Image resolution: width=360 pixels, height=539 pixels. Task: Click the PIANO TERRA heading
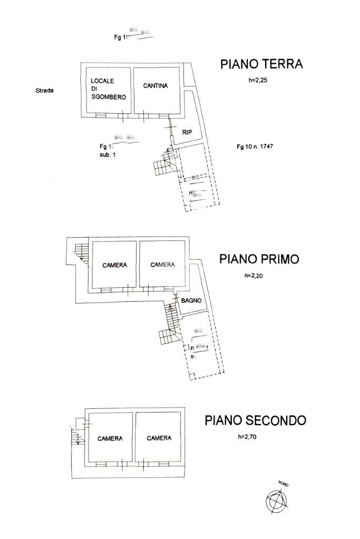pyautogui.click(x=261, y=64)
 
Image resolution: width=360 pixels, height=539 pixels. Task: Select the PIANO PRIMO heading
pyautogui.click(x=259, y=259)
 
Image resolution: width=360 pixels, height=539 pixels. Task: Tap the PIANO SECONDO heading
pyautogui.click(x=255, y=420)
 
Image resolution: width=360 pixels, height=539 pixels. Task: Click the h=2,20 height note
pyautogui.click(x=256, y=276)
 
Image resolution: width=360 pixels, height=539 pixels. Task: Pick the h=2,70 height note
pyautogui.click(x=249, y=436)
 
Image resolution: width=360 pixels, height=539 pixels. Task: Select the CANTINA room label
pyautogui.click(x=155, y=86)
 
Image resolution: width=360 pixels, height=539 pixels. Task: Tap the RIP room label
pyautogui.click(x=187, y=132)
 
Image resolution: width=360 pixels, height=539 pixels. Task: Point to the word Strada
pyautogui.click(x=44, y=90)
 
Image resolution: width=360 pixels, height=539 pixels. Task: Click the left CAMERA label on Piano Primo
pyautogui.click(x=114, y=265)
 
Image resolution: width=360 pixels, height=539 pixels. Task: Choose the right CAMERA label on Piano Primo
pyautogui.click(x=162, y=264)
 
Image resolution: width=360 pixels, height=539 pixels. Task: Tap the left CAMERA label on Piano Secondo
pyautogui.click(x=110, y=438)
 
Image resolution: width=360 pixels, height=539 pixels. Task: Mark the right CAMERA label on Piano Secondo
pyautogui.click(x=159, y=438)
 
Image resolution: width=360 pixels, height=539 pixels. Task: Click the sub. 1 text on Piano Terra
pyautogui.click(x=107, y=155)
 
